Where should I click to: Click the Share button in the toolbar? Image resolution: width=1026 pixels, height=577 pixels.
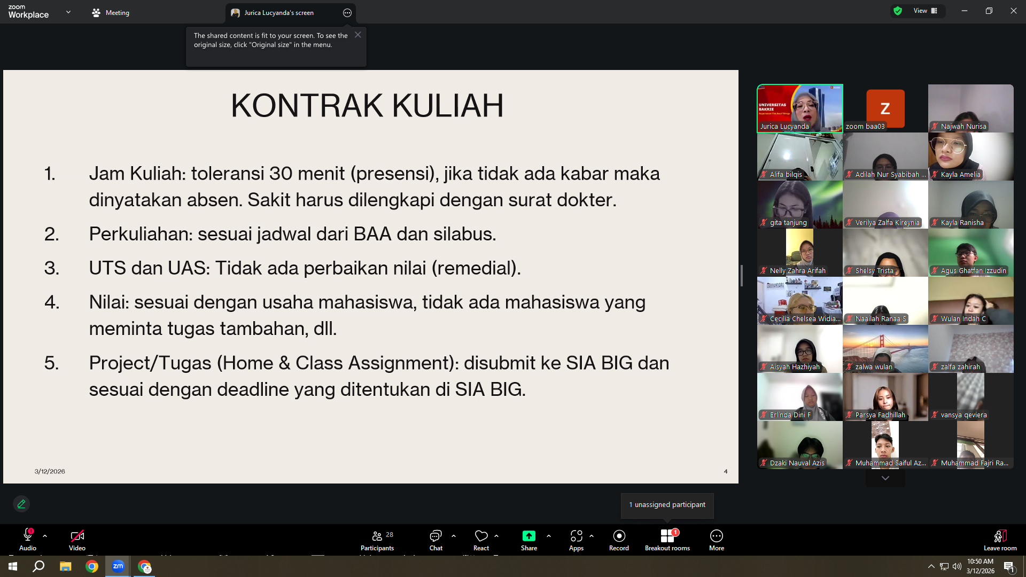point(528,540)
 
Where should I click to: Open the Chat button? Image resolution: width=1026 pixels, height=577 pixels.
point(436,540)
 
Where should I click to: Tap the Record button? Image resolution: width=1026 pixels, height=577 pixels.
point(619,540)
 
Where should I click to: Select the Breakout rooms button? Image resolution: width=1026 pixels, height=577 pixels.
point(667,540)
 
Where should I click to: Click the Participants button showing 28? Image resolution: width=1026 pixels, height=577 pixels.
point(377,540)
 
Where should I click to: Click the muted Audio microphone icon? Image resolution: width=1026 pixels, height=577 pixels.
point(28,535)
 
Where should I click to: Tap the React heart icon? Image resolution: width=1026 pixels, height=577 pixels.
point(481,535)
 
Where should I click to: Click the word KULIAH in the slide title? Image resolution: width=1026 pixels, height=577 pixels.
point(448,105)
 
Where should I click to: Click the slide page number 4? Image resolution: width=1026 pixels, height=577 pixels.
point(726,471)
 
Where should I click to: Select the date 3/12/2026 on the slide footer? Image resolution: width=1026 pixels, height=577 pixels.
point(50,471)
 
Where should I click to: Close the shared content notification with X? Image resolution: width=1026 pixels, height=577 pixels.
point(358,35)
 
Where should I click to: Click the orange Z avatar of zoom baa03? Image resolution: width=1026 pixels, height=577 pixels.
point(885,108)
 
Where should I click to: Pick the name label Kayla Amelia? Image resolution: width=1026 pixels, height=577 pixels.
point(960,175)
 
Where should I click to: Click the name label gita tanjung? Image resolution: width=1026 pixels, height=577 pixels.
point(788,223)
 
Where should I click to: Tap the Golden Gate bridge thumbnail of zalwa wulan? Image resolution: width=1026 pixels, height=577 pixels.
point(885,348)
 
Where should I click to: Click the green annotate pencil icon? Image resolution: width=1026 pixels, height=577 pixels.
point(21,504)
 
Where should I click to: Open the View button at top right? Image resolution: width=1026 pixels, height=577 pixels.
point(925,11)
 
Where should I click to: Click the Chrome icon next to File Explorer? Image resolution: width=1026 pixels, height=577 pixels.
point(92,566)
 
